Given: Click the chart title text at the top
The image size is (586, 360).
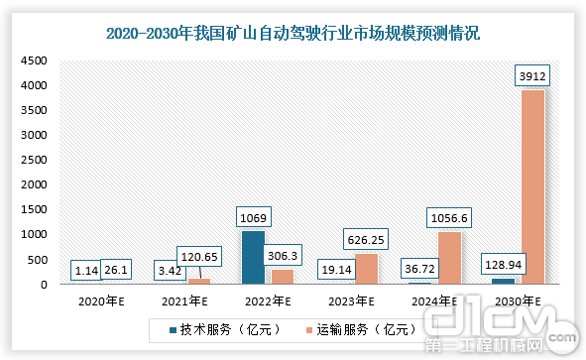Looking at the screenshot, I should pos(293,34).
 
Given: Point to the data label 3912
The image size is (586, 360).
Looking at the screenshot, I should pos(530,75).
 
